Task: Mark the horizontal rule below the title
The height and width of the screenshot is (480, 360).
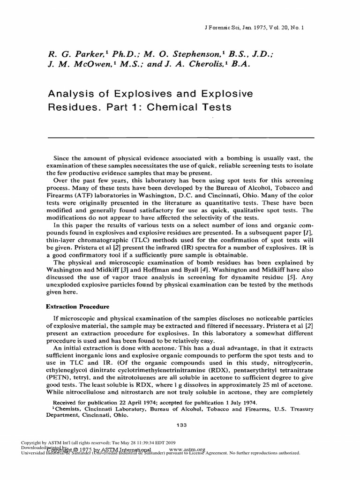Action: pyautogui.click(x=180, y=137)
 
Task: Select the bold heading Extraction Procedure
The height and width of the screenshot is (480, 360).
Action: pyautogui.click(x=77, y=307)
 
